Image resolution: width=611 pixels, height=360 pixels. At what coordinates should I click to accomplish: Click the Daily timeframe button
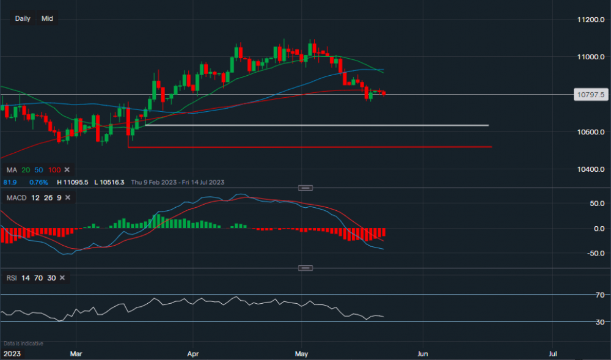click(23, 18)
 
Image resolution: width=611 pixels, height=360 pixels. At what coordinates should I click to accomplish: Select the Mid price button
click(47, 18)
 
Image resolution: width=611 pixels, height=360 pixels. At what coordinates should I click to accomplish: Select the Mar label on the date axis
click(76, 353)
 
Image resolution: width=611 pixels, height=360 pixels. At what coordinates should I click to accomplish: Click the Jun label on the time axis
click(422, 353)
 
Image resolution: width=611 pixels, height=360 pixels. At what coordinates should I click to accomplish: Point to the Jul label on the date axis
click(552, 353)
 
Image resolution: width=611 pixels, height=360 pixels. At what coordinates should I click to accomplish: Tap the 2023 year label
click(11, 353)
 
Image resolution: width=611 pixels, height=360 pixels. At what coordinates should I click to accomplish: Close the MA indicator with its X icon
click(67, 169)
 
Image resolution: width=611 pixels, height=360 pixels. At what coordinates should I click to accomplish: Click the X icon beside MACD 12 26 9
click(67, 197)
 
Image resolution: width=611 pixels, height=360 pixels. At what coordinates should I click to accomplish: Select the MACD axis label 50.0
click(596, 203)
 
